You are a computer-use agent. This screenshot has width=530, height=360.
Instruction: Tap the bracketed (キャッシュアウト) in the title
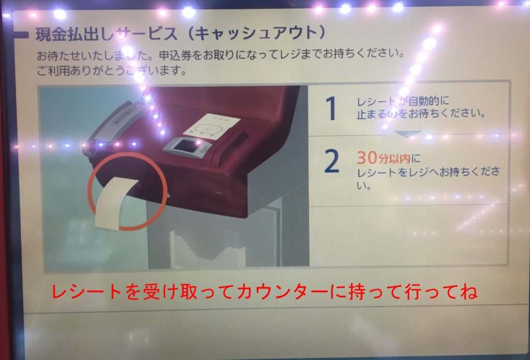click(257, 34)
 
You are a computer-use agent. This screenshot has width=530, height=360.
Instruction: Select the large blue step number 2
click(331, 162)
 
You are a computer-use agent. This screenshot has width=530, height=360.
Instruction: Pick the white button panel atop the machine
click(212, 124)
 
